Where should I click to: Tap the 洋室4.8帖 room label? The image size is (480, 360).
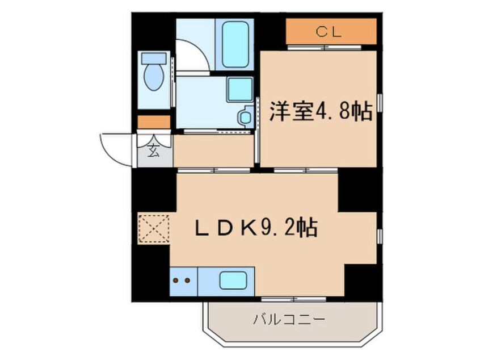tap(320, 111)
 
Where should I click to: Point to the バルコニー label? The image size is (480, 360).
tap(289, 320)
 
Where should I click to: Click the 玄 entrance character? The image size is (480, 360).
tap(154, 150)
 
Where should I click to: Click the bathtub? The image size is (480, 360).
tap(235, 44)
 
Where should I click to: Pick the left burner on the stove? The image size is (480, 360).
tap(176, 280)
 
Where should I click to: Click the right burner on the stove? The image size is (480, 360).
tap(187, 280)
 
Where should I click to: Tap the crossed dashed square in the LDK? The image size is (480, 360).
tap(154, 227)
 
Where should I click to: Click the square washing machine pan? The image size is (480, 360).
tap(239, 89)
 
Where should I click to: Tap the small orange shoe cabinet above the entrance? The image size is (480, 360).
tap(154, 122)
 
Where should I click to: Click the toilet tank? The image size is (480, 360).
tap(154, 58)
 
